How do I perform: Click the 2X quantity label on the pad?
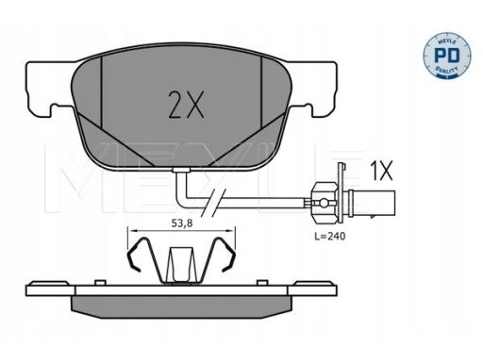(x=186, y=105)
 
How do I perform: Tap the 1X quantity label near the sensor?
(x=382, y=171)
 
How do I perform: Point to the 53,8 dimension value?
(x=182, y=223)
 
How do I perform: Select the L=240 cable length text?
(x=330, y=236)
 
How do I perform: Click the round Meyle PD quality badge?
(x=447, y=55)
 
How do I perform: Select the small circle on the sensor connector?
(x=323, y=203)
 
